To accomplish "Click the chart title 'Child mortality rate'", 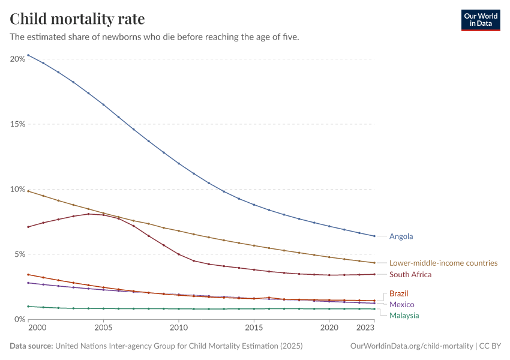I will point(77,19).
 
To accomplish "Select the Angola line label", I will point(401,236).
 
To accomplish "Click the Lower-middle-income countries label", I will point(443,263).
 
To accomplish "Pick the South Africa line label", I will point(410,275).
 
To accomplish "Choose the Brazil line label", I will point(399,294).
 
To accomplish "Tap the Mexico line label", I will point(401,305).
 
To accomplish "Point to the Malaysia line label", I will point(404,316).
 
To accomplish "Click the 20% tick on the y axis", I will point(17,59).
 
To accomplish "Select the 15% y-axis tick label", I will point(17,124).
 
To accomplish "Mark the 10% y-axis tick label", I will point(17,189).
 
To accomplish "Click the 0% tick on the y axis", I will point(20,319).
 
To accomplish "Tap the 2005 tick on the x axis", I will point(103,329).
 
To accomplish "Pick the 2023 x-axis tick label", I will point(365,329).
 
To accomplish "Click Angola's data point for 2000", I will point(28,55).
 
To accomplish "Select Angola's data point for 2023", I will point(374,236).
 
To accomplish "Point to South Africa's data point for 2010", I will point(179,254).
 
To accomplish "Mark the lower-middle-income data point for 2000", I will point(28,191).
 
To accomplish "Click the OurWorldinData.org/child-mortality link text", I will point(411,346).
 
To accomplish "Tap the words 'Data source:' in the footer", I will point(31,346).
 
